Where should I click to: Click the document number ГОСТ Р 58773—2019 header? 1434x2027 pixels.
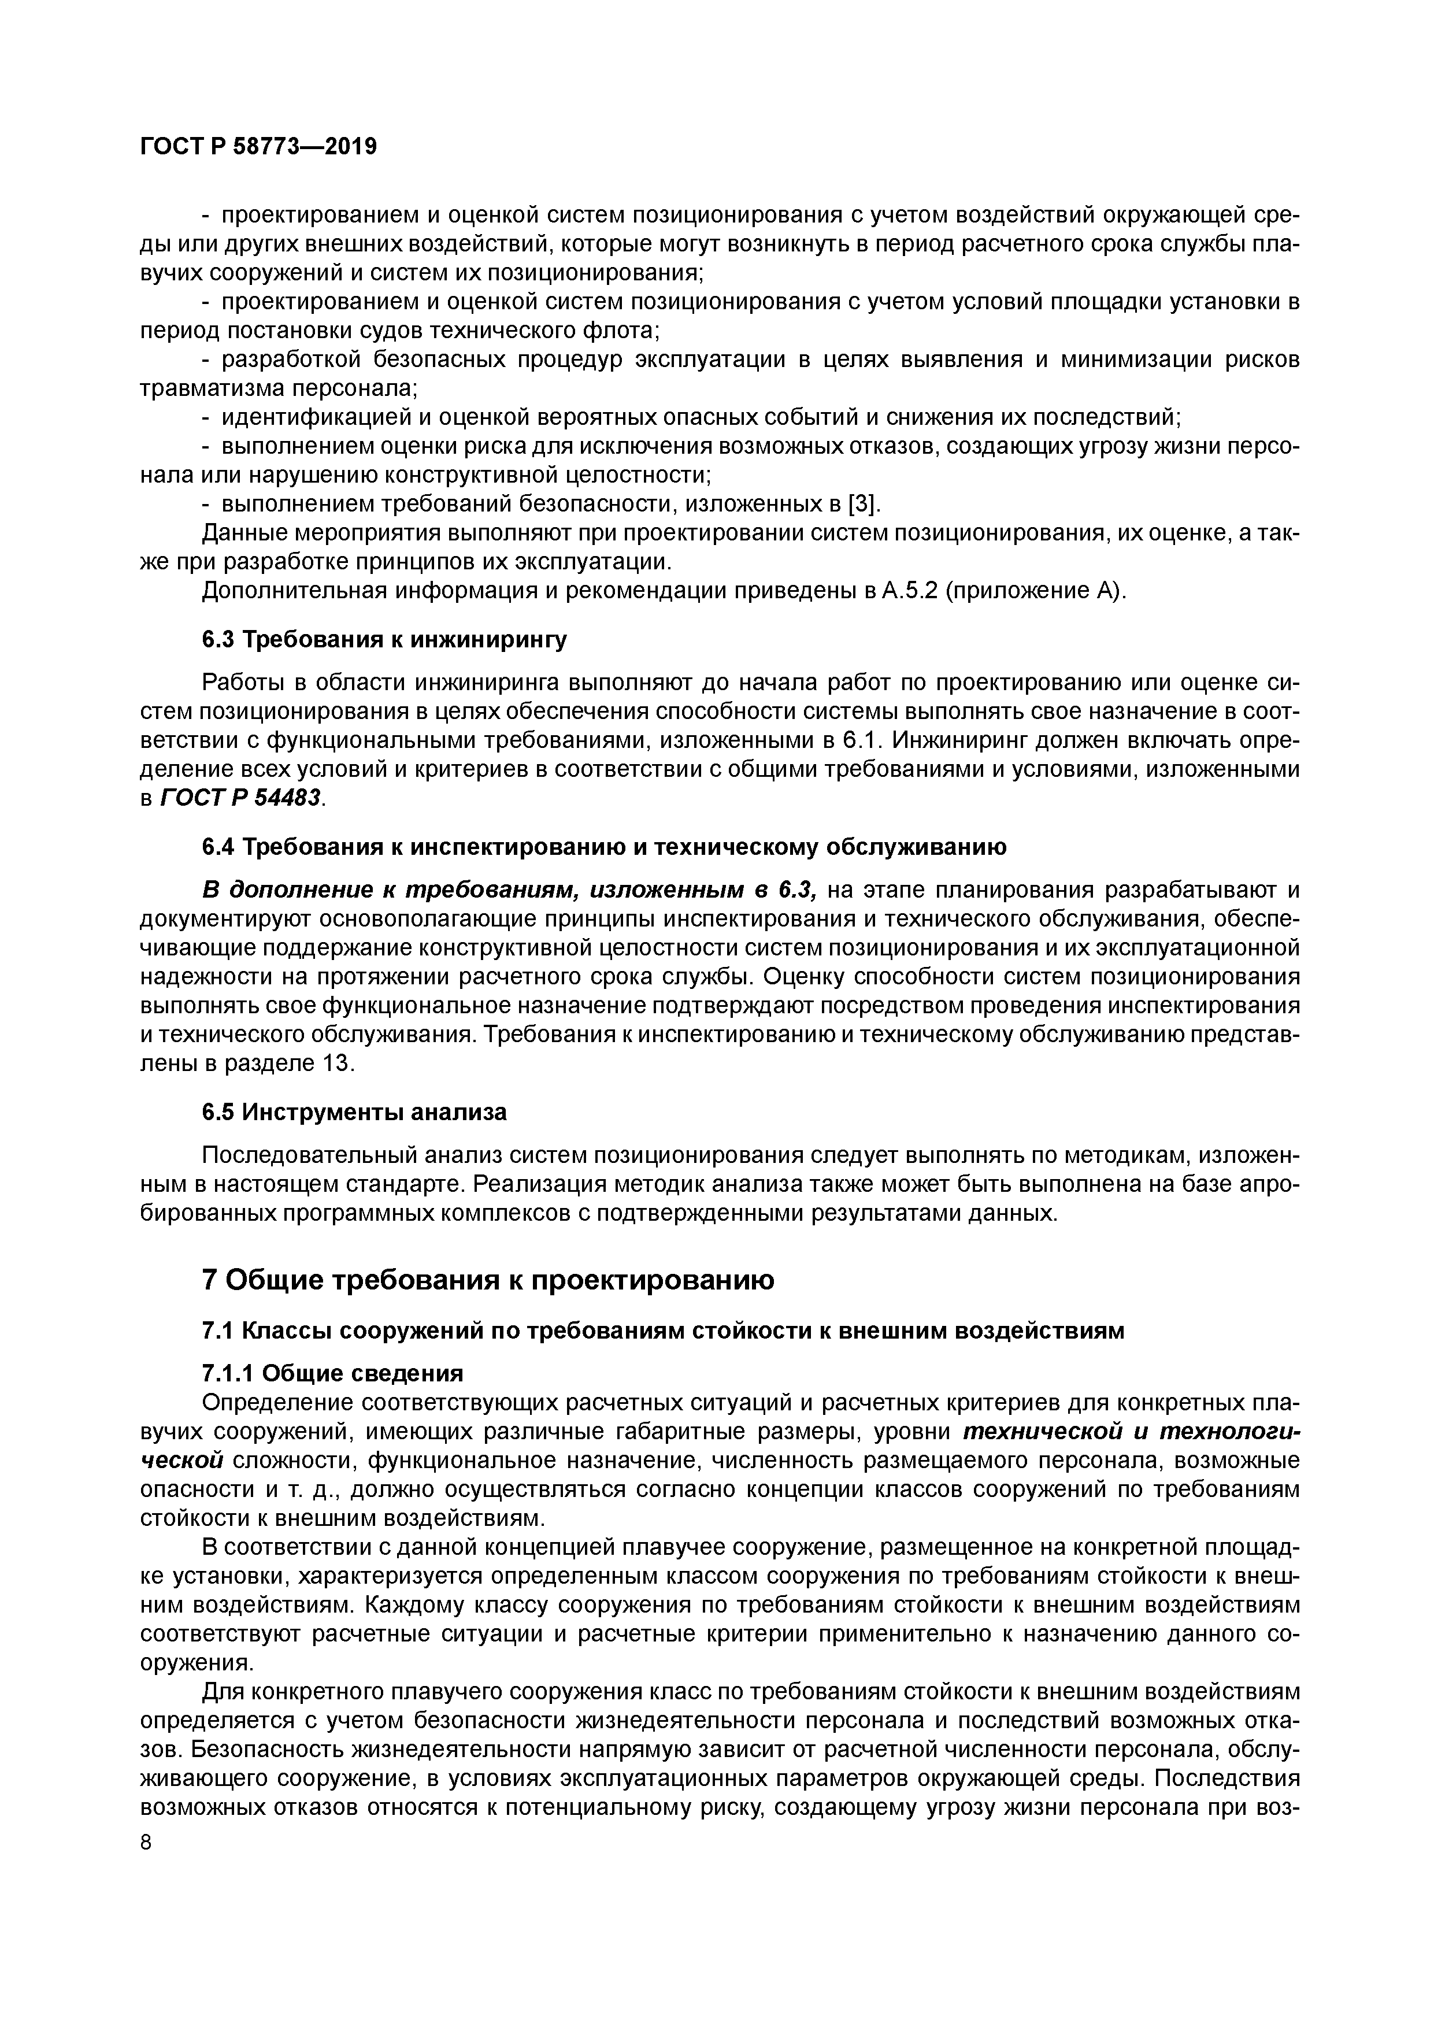point(258,147)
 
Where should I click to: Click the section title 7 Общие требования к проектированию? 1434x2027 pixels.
point(488,1280)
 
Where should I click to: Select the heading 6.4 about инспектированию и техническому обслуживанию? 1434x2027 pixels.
point(604,847)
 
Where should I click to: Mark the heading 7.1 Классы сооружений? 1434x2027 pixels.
point(662,1331)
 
